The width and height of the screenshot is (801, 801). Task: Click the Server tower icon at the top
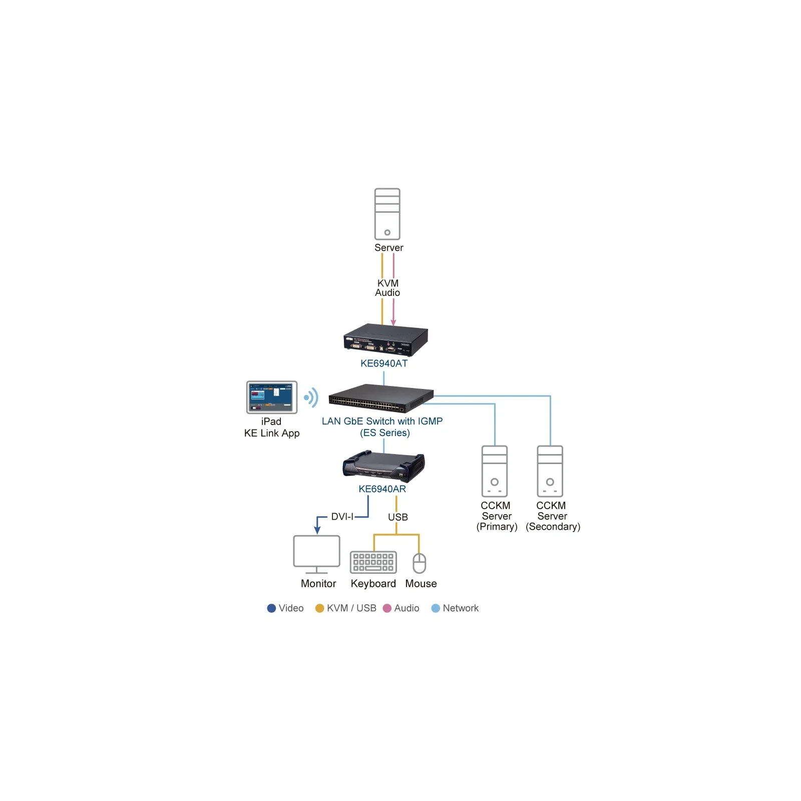387,214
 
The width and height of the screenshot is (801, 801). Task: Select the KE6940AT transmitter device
385,339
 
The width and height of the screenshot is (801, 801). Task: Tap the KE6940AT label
384,363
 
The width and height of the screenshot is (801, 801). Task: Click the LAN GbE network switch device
381,398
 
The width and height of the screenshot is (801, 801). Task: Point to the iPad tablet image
271,397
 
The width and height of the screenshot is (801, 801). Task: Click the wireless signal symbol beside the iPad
311,397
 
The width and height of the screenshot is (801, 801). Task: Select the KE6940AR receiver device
383,467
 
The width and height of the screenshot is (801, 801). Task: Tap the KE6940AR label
382,489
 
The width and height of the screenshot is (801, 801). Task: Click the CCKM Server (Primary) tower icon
494,471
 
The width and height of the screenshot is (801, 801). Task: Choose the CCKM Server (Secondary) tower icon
550,471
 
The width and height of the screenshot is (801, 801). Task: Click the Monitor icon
316,554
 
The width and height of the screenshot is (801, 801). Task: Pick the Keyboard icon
373,562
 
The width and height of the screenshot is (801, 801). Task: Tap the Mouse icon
419,563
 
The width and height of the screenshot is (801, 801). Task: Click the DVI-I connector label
342,517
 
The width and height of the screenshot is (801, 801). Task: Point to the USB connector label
398,517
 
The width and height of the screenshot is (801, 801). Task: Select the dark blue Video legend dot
271,608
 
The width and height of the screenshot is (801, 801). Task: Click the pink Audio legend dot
387,608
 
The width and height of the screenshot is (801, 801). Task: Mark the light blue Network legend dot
436,608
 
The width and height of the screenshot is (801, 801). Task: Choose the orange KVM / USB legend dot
319,608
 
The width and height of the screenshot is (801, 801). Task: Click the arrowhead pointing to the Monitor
317,530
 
